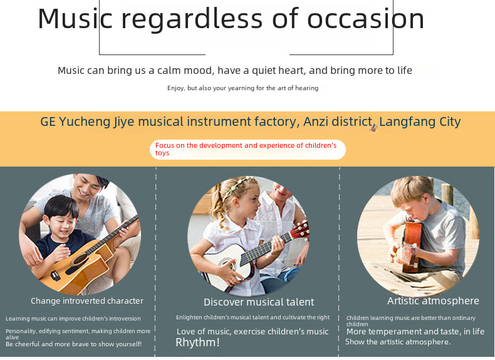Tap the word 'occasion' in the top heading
365,18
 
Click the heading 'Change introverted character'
87,301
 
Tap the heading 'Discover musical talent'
259,302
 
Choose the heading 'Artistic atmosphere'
433,301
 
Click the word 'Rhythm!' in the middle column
197,342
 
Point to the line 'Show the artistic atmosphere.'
398,342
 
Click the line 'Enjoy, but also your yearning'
242,88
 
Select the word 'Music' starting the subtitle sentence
71,70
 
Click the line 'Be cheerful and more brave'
73,344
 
